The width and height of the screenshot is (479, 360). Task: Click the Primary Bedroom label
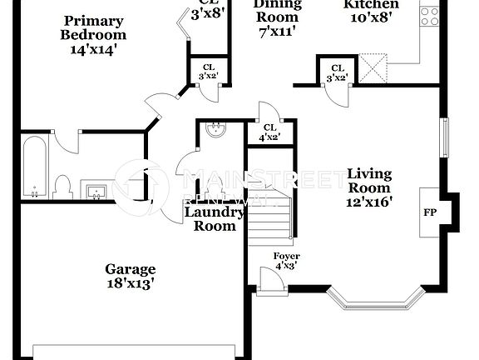(x=93, y=28)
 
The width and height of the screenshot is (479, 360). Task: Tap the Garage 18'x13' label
(x=130, y=276)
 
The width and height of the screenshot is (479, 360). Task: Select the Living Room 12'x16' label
(x=369, y=187)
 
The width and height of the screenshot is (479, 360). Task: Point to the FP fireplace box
(x=430, y=212)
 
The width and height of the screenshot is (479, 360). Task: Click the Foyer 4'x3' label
(x=287, y=260)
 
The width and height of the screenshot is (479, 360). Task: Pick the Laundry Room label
(x=214, y=219)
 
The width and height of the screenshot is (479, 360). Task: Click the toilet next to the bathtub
(x=63, y=186)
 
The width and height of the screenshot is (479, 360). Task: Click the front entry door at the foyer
(x=269, y=282)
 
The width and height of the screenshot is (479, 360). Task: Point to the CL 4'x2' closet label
(x=269, y=132)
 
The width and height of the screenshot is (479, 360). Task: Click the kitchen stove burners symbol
(x=429, y=14)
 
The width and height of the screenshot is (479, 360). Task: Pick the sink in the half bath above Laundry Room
(x=216, y=130)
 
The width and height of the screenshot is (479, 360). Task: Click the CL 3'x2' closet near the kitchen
(x=338, y=73)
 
